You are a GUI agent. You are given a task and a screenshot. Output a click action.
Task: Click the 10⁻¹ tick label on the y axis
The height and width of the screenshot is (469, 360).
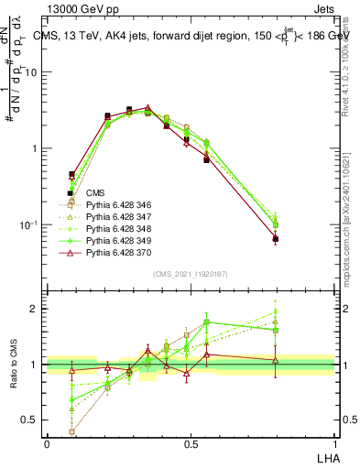click(x=32, y=225)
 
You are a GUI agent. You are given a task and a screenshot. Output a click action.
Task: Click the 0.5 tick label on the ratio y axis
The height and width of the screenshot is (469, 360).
click(x=33, y=420)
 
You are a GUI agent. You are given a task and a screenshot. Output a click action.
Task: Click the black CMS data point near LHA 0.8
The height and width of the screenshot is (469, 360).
click(x=275, y=239)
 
